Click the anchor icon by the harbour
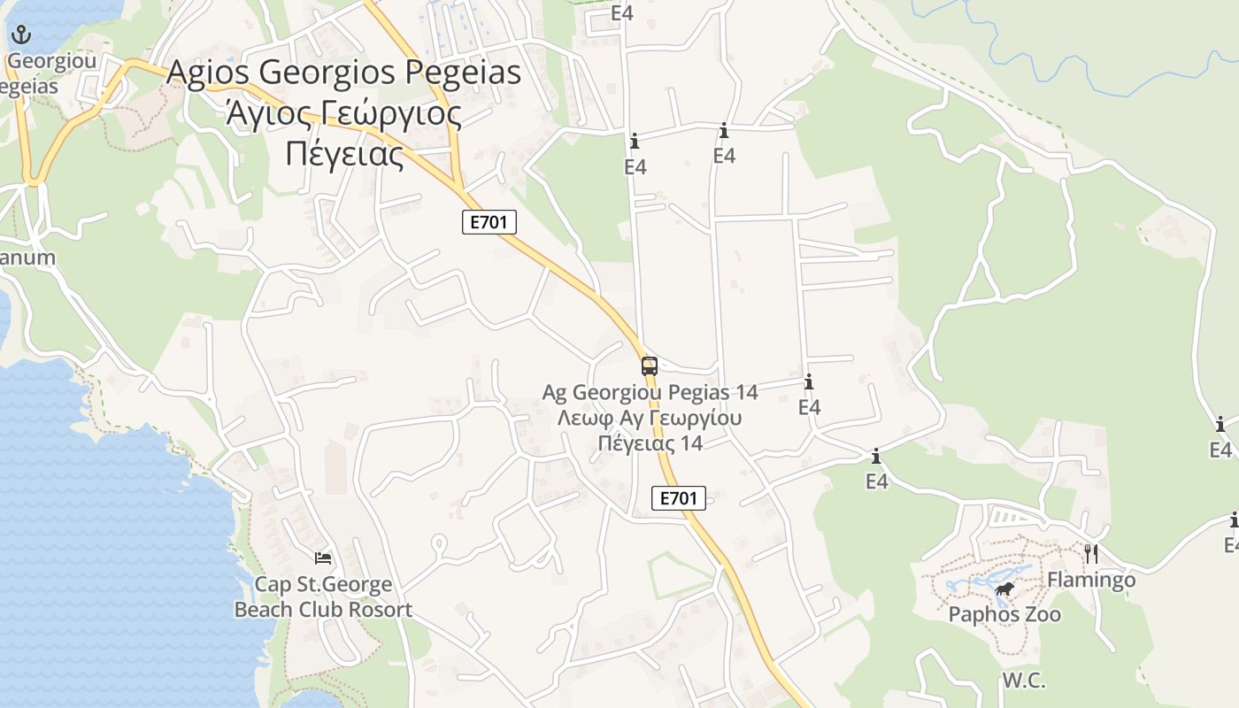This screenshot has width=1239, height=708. click(20, 35)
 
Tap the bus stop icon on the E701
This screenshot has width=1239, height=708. click(650, 366)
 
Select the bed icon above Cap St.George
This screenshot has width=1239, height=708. click(323, 558)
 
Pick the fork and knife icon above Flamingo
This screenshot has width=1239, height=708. click(1091, 554)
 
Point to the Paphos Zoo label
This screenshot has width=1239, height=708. click(1004, 614)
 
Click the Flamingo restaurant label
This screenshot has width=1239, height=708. click(1091, 581)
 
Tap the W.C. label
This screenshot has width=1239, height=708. click(1024, 681)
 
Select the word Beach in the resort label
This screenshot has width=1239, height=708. click(263, 610)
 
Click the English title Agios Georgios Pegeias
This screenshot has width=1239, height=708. click(344, 73)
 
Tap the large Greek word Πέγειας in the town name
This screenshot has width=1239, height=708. click(344, 154)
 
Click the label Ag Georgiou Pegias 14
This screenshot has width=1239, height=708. click(650, 392)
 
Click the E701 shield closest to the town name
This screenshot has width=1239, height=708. click(489, 222)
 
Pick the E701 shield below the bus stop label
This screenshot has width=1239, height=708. click(679, 498)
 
